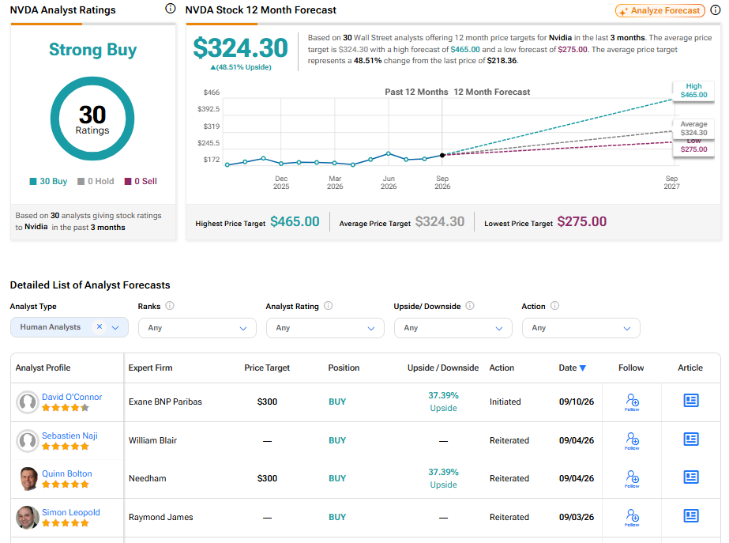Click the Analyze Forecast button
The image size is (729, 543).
(659, 11)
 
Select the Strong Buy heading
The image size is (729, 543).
(93, 50)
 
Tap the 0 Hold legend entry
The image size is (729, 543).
(96, 181)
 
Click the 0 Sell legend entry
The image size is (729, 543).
(141, 181)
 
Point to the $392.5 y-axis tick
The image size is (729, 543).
(209, 109)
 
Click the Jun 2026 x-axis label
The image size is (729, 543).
(389, 183)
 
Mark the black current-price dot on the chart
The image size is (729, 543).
(442, 155)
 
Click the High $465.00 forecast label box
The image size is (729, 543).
(693, 91)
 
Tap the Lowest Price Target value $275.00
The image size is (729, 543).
(581, 221)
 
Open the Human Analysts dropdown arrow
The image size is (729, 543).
(115, 327)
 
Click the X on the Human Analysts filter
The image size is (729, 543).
(99, 326)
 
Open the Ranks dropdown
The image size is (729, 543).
(197, 328)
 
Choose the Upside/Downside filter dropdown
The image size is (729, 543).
(453, 328)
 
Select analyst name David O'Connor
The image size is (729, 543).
(72, 397)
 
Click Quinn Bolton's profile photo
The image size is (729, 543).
(28, 478)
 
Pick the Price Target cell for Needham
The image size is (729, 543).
(267, 478)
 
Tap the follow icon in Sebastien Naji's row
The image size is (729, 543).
(632, 440)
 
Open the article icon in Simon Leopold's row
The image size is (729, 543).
(691, 515)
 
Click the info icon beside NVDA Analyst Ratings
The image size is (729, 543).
(171, 9)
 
